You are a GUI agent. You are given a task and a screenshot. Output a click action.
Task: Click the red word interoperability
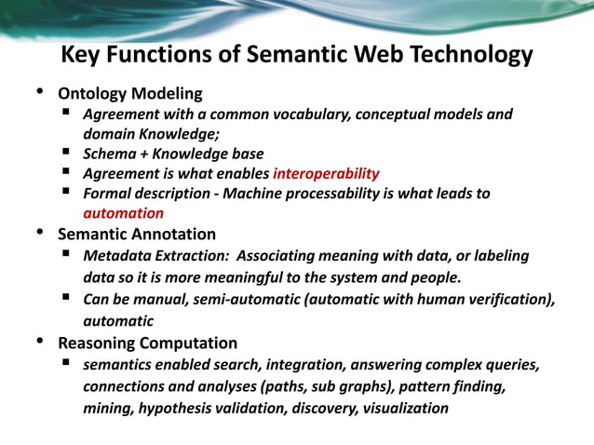coord(326,173)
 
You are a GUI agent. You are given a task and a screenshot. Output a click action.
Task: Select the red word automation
coord(123,213)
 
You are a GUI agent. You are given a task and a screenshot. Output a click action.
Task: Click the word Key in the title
coord(81,55)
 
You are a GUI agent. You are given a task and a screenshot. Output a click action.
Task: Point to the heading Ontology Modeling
coord(130,94)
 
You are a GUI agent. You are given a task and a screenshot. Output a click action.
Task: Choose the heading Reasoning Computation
coord(147,343)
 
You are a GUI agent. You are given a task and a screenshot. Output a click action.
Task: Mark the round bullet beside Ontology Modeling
coord(39,92)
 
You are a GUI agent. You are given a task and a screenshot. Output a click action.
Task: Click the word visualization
coord(406,408)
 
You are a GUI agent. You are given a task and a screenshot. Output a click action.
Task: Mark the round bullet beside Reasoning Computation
coord(39,341)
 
